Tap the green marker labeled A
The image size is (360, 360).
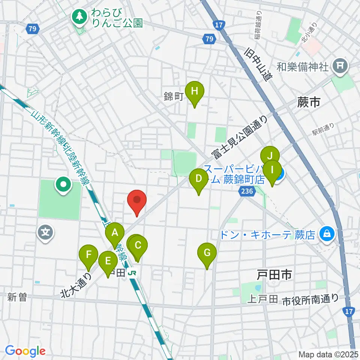pos(114,233)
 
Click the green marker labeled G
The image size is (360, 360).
pos(207,253)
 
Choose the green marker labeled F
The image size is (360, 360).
pos(88,255)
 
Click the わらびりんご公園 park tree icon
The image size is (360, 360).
pos(79,16)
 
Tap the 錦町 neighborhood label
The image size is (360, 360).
pos(173,97)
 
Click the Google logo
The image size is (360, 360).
pos(25,351)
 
